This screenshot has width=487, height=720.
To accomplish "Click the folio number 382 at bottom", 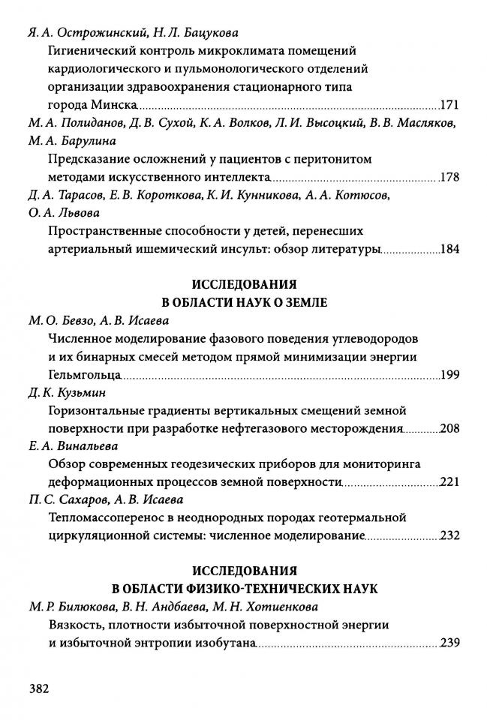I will [x=38, y=689].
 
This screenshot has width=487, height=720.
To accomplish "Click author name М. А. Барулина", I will [x=72, y=141].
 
